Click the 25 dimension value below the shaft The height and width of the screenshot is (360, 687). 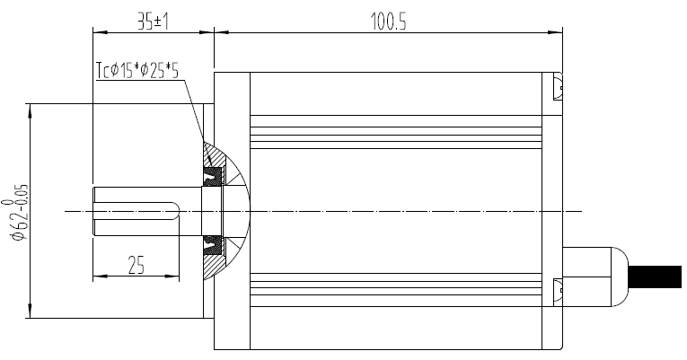(136, 266)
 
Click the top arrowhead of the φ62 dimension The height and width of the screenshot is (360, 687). (31, 109)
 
